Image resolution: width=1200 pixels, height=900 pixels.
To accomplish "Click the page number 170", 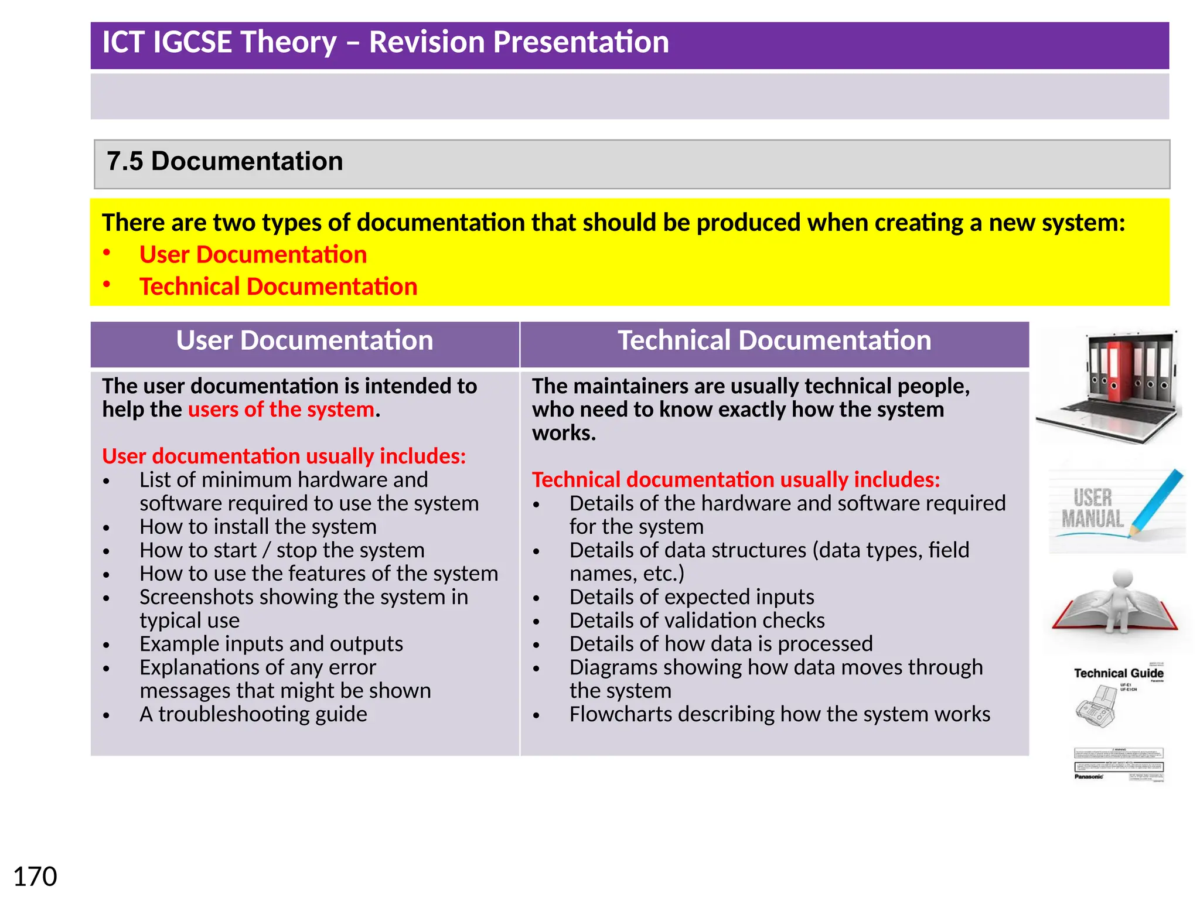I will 35,877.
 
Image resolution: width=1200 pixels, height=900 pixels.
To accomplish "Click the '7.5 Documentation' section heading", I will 224,161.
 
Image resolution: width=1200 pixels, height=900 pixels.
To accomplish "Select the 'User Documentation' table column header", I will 305,340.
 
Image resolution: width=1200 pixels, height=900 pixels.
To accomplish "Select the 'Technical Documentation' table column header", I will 774,340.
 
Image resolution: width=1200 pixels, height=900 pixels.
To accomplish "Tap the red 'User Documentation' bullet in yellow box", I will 253,255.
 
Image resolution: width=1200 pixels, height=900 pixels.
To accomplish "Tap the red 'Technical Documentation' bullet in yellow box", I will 278,287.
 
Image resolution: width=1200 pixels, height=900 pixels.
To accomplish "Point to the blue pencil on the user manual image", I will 1157,501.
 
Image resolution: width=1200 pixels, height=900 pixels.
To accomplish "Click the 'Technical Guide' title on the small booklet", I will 1118,673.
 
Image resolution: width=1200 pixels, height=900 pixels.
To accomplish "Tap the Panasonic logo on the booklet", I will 1089,776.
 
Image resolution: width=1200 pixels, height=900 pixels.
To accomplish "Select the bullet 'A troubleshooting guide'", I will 253,714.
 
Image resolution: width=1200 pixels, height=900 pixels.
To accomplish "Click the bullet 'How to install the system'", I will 258,527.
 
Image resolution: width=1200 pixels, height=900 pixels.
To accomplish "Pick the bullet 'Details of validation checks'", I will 697,621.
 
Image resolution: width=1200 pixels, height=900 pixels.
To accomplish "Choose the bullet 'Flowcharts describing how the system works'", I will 779,714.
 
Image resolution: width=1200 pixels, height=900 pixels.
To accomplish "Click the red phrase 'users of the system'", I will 281,410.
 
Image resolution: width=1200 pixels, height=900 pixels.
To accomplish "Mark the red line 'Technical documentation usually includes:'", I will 736,480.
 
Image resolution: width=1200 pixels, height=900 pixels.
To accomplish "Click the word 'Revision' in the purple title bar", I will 426,42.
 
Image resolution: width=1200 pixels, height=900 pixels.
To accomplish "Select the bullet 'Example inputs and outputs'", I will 271,644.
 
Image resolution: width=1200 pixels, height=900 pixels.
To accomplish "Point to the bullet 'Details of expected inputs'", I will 691,597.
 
